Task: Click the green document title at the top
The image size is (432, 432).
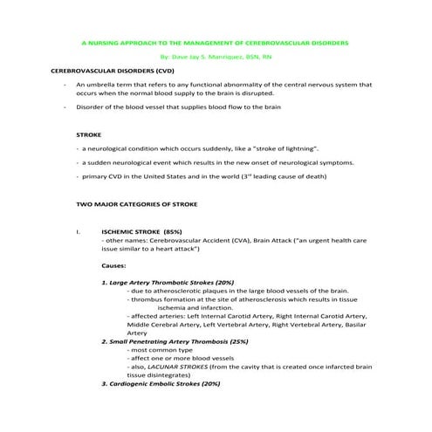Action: (215, 41)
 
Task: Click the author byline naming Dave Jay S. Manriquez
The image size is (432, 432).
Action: (215, 54)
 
